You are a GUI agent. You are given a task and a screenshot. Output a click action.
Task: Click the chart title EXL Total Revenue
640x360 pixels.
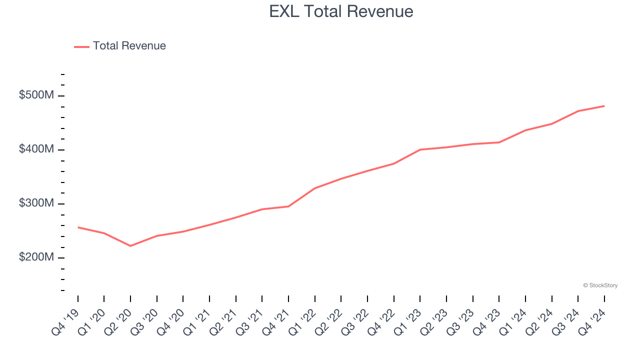click(341, 11)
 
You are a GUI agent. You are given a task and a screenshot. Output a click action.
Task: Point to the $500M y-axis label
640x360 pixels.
click(36, 95)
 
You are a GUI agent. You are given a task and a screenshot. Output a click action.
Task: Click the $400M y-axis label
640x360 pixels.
click(36, 149)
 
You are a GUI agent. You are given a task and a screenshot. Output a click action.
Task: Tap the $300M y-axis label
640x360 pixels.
click(36, 203)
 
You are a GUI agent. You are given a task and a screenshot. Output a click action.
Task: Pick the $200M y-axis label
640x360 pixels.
click(36, 257)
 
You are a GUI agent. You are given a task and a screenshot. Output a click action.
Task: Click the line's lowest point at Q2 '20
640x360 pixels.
click(130, 246)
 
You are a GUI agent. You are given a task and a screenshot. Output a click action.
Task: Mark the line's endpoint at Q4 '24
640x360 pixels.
click(604, 106)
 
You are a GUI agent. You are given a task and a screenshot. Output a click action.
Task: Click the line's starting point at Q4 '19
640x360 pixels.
click(78, 227)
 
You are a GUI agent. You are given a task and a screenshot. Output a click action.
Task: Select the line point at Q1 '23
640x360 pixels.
click(420, 149)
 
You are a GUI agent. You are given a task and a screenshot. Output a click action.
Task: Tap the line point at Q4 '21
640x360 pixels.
click(288, 206)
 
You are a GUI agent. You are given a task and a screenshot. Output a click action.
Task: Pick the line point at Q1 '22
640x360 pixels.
click(315, 188)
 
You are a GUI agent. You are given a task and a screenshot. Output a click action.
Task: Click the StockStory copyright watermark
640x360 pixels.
click(600, 285)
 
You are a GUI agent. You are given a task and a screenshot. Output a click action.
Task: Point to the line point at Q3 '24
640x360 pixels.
click(578, 111)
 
